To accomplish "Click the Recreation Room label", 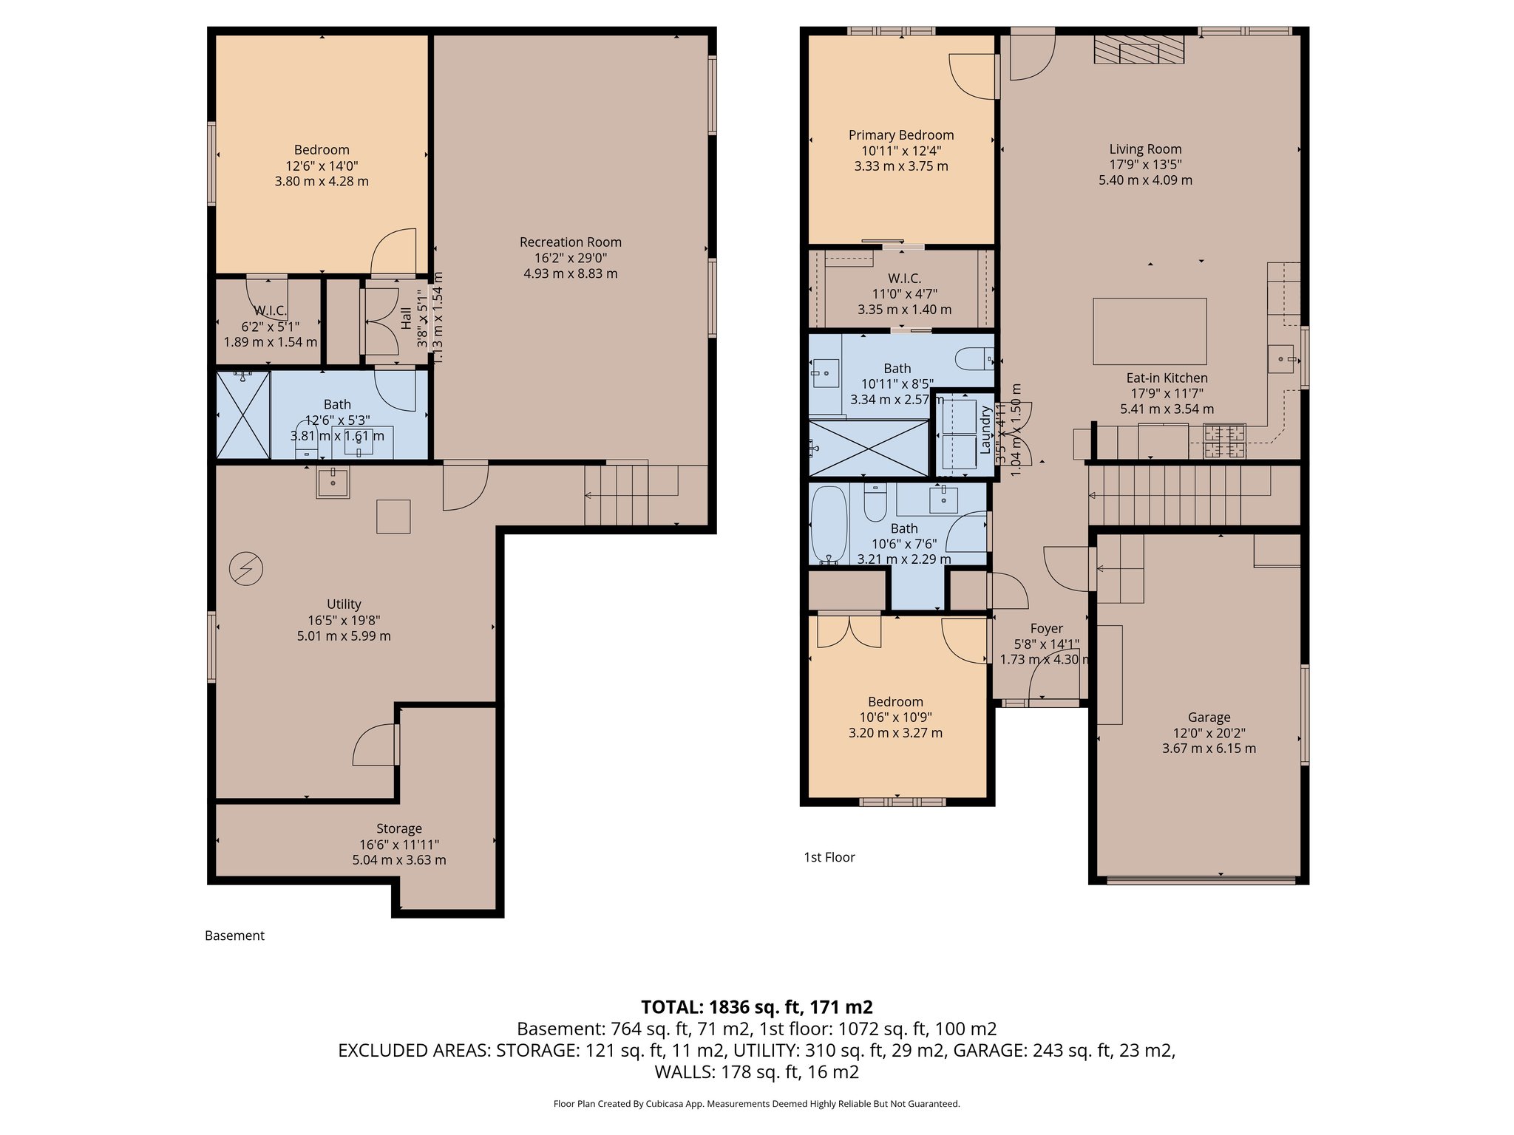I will (570, 242).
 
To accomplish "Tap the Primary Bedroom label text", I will (900, 135).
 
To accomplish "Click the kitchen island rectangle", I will (1150, 331).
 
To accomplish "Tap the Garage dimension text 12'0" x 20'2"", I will (1209, 733).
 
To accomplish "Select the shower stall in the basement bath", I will (243, 415).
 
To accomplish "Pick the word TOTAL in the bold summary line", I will (671, 1007).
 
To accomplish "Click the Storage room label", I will (398, 829).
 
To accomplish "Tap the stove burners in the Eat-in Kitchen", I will (1224, 441).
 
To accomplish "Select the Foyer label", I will (1046, 629).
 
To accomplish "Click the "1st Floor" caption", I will (829, 857).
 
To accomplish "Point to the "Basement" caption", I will (234, 935).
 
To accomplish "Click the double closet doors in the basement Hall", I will (380, 322).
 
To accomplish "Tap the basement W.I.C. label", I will (270, 310).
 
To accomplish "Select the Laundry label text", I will (985, 429).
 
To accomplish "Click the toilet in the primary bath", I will (974, 360).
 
